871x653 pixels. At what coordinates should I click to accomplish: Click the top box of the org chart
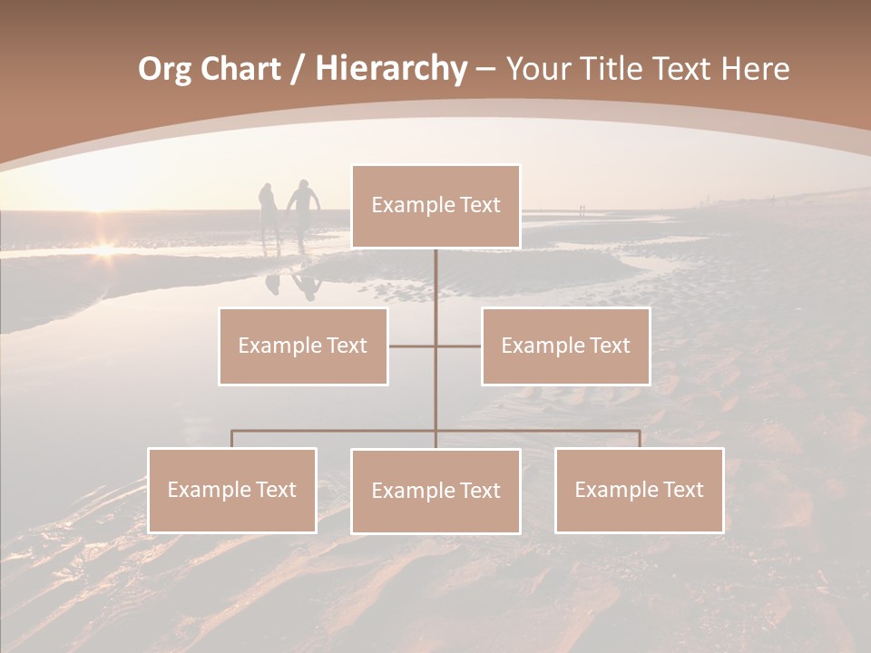(x=435, y=206)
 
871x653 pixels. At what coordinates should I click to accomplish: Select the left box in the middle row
(x=303, y=346)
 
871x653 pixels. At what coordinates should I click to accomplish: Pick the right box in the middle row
(x=565, y=346)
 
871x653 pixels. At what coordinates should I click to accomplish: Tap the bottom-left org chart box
(x=232, y=490)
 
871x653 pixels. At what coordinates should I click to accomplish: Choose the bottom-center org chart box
(x=435, y=491)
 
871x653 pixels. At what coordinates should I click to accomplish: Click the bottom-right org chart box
(x=639, y=490)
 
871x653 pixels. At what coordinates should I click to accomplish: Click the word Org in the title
(x=164, y=69)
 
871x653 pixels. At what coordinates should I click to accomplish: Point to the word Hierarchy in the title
(x=390, y=69)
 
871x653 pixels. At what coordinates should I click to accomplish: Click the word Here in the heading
(x=754, y=69)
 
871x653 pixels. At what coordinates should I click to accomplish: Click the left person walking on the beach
(x=269, y=213)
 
